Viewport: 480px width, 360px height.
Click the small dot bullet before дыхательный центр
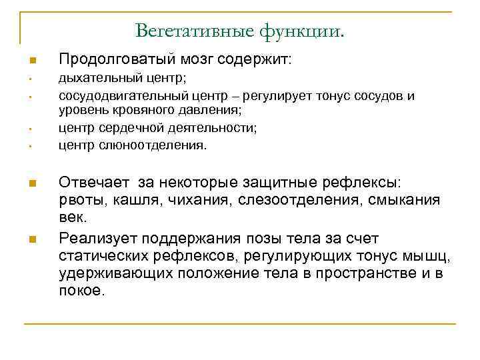[x=31, y=81]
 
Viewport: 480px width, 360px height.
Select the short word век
[x=73, y=218]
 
